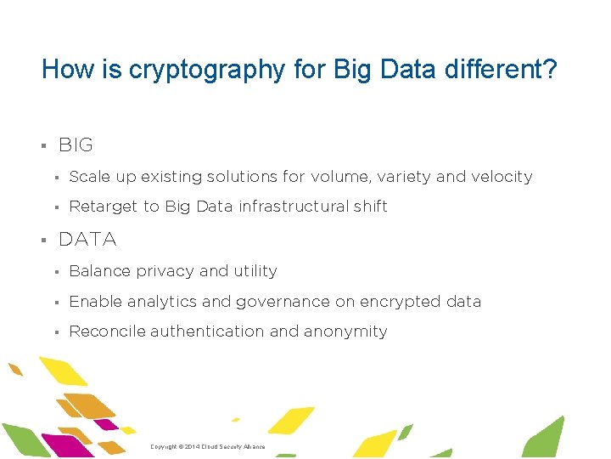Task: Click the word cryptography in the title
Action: click(206, 70)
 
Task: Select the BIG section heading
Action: click(76, 145)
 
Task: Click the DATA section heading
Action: click(87, 240)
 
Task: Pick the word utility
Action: click(255, 271)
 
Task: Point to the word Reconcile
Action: click(107, 331)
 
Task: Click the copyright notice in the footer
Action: click(207, 446)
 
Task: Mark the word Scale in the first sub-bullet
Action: click(88, 177)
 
